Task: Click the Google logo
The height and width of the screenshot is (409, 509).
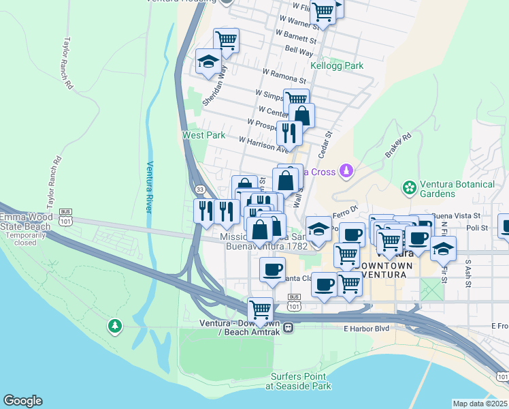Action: coord(22,401)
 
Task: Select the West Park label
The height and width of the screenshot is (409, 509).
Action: coord(203,135)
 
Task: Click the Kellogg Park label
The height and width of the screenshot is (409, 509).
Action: coord(337,66)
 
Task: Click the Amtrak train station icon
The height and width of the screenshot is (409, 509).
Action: coord(289,327)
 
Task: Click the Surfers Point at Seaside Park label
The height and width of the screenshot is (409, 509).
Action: coord(300,381)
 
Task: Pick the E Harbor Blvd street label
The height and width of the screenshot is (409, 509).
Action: coord(367,329)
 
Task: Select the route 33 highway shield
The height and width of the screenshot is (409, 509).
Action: coord(199,188)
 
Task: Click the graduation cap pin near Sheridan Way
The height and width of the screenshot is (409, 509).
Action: coord(207,61)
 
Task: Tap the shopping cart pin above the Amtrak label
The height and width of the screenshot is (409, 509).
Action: coord(260,309)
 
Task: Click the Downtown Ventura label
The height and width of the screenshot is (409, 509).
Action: coord(380,269)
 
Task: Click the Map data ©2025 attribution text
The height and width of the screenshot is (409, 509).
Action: coord(480,404)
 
